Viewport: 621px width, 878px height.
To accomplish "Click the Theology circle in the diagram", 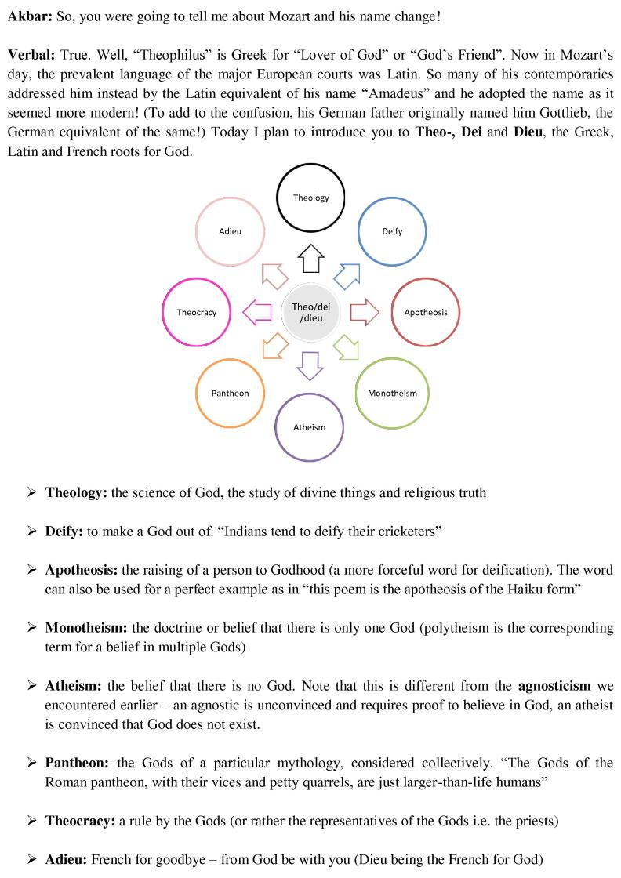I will tap(311, 198).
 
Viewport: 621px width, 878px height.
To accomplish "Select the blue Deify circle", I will tap(392, 231).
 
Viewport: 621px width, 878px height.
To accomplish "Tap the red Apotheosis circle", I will tap(425, 312).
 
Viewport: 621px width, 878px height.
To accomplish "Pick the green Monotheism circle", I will tap(392, 393).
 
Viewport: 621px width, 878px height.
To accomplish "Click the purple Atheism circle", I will tap(309, 427).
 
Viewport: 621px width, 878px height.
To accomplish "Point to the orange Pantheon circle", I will tap(230, 393).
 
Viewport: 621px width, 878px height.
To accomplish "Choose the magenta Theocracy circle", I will tap(196, 312).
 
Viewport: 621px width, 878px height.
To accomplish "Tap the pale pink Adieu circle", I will tap(230, 231).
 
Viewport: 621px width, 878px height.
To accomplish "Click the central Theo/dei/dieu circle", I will tap(311, 312).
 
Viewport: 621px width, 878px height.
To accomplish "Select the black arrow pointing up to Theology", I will tap(311, 258).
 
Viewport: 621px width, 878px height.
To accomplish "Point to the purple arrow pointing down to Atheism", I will tap(310, 366).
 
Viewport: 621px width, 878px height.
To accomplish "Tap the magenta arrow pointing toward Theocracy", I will tap(257, 312).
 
